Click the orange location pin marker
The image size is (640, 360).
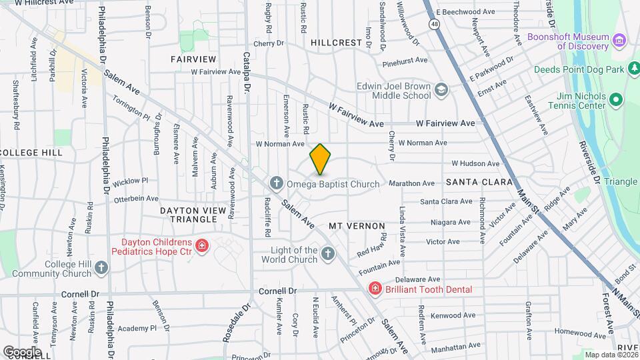point(320,159)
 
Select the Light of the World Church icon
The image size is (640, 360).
point(327,253)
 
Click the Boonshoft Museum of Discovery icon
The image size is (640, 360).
point(620,41)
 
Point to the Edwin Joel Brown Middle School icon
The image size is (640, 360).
point(441,90)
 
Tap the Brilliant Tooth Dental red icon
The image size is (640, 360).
point(375,289)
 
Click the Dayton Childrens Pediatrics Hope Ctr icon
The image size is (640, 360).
point(202,247)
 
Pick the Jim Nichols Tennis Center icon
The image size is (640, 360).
point(616,101)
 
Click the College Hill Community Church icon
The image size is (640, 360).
point(101,268)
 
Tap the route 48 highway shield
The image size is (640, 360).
point(434,23)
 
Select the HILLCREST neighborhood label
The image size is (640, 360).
point(336,42)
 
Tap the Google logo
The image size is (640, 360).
point(22,351)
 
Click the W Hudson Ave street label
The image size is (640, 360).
point(475,163)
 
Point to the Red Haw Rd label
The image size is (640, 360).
point(372,245)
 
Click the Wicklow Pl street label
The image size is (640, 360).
point(130,181)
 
